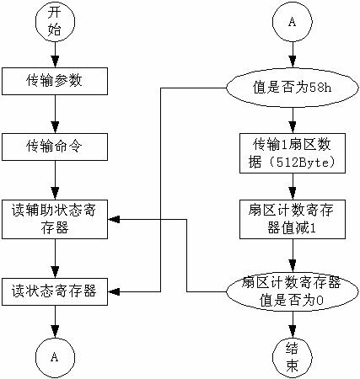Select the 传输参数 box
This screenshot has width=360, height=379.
pyautogui.click(x=55, y=81)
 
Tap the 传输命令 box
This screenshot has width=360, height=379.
pyautogui.click(x=55, y=147)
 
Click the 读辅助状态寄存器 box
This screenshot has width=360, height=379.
pyautogui.click(x=55, y=219)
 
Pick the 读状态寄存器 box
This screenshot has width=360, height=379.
pyautogui.click(x=55, y=291)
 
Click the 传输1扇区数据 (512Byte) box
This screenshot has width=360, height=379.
pyautogui.click(x=293, y=153)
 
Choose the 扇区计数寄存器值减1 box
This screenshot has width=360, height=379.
pyautogui.click(x=293, y=219)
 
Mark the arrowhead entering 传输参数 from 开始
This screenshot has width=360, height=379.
pyautogui.click(x=55, y=61)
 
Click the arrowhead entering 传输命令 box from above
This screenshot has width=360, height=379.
pyautogui.click(x=55, y=127)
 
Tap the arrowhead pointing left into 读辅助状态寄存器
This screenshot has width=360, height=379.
pyautogui.click(x=114, y=219)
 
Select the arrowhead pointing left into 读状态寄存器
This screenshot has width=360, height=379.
pyautogui.click(x=114, y=292)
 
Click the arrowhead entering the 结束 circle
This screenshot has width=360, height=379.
pyautogui.click(x=293, y=332)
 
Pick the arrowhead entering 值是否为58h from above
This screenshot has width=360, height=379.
pyautogui.click(x=293, y=62)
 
